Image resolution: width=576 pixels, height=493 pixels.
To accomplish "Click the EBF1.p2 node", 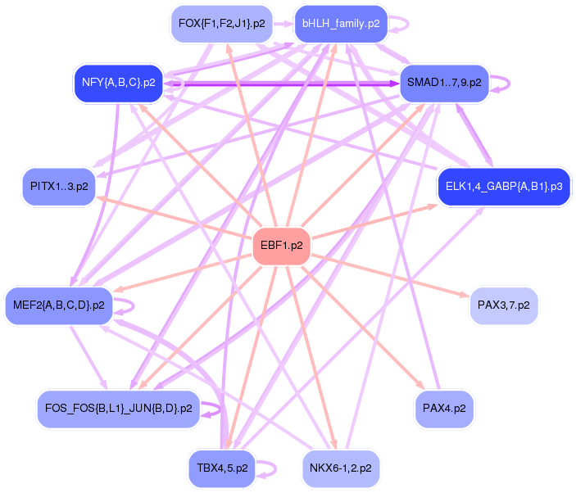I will coord(281,245).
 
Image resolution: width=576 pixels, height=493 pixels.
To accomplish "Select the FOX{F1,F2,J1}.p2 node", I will coord(221,24).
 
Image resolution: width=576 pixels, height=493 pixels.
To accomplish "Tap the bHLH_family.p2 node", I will coord(340,24).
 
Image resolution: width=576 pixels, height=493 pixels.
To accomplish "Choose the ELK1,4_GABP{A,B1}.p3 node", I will coord(503,187).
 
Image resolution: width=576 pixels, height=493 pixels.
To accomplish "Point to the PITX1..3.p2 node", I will coord(58,187).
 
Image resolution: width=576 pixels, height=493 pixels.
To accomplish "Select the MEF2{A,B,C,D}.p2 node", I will coord(58,305).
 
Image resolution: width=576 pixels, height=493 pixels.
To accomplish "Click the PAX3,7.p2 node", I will coord(503,305).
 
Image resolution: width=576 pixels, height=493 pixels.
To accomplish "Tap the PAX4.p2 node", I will coord(444,407).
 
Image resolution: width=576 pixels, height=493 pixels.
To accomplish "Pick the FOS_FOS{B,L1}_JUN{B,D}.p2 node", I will coord(118,407).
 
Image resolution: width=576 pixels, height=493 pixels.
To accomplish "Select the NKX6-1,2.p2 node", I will coord(340,468).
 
